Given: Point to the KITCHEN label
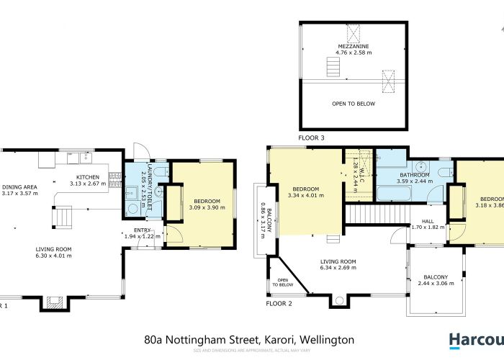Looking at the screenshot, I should pos(88,176).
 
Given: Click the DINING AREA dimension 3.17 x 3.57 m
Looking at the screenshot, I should pos(19,193).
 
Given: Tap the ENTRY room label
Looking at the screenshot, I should pos(138,230).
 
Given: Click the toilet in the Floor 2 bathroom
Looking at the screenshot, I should pos(445,171).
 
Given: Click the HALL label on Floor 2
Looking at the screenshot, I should pos(428,221).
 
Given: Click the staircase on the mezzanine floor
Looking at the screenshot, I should pos(332,68).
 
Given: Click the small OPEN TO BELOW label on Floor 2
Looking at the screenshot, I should pos(283,282).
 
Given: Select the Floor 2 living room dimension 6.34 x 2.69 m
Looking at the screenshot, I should pos(338,268).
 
